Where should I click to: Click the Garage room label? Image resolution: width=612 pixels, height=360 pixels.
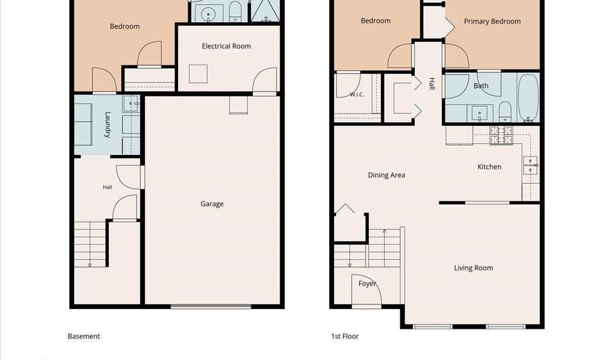pos(212,203)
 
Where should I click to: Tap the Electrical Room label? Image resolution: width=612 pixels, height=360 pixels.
pos(226,46)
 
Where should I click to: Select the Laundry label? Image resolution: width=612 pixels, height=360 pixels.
pos(107,125)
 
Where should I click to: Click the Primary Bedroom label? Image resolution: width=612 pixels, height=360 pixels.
pos(492,22)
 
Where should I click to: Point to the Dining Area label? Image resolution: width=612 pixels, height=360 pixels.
pos(386,175)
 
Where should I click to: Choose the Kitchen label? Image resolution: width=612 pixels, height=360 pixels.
pos(490,167)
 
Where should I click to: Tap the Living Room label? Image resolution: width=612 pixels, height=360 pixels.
pos(473,268)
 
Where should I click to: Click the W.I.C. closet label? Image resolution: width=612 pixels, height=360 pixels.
pos(357,95)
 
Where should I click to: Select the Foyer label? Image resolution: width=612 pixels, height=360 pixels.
pos(367,284)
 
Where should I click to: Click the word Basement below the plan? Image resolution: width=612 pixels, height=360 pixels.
pos(84,336)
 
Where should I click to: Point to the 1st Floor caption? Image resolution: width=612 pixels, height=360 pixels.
pos(345,336)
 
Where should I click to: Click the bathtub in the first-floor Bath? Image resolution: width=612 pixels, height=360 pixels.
pos(528,97)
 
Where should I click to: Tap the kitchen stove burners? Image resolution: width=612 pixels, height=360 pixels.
pos(501,135)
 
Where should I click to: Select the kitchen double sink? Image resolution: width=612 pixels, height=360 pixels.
pos(530,165)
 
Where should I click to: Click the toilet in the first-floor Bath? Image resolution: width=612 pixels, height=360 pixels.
pos(505,112)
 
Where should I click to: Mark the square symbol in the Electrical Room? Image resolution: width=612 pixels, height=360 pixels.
pos(199,73)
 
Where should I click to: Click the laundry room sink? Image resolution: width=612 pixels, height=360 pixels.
pos(131,103)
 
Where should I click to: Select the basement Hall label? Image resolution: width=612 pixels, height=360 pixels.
pos(107,187)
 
